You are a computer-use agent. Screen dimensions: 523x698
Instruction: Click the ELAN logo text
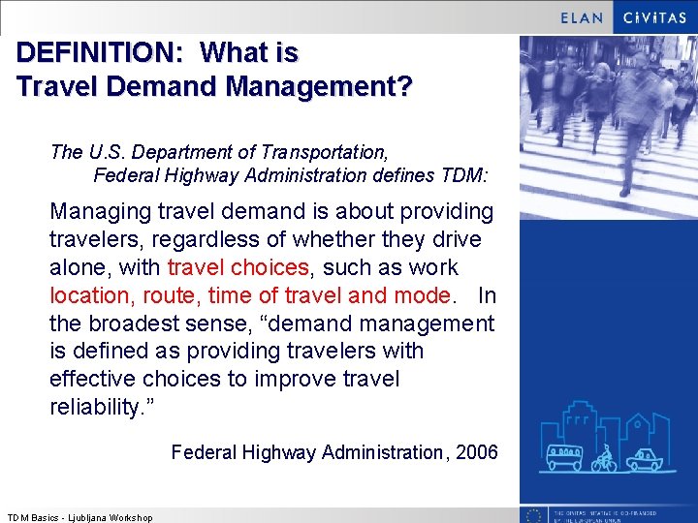583,17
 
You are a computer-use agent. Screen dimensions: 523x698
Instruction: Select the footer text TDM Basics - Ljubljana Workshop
79,517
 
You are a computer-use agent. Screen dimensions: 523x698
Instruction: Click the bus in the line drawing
564,456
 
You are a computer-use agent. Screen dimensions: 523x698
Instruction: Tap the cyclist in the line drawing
605,457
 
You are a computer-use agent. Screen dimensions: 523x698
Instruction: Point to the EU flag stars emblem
532,516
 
